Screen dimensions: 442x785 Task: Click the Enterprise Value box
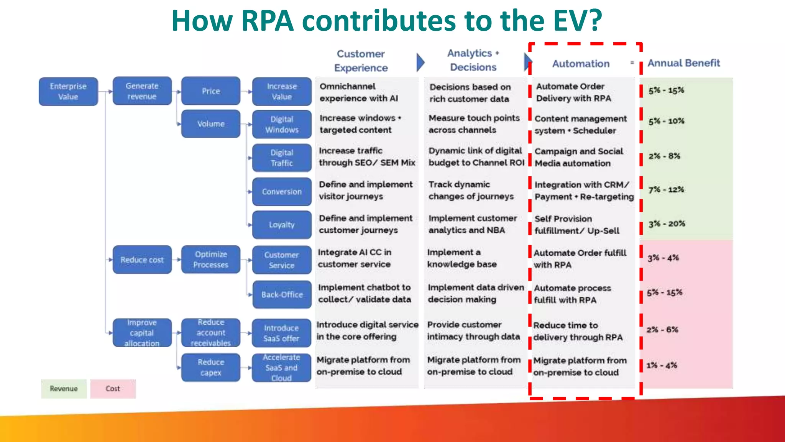68,91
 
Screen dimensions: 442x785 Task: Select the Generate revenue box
142,91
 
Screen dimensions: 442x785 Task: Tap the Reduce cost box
142,260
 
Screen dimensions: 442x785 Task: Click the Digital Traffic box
282,158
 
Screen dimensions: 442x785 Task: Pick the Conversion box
282,191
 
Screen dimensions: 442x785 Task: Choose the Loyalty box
282,225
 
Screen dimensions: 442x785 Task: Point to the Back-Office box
282,294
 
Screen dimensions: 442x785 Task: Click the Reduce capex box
211,367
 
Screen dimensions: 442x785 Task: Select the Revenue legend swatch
64,389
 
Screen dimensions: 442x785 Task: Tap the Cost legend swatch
113,389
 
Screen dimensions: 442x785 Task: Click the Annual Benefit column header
683,63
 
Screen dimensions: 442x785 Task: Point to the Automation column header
581,64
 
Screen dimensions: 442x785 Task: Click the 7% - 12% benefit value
666,189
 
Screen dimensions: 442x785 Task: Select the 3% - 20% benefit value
667,223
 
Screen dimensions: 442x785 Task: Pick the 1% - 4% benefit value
662,365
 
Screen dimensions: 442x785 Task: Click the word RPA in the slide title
268,21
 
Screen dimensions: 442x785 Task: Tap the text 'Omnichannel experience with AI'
359,92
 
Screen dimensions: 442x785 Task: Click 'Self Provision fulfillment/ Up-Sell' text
577,225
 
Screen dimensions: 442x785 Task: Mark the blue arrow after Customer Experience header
420,62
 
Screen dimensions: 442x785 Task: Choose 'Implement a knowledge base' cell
462,258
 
